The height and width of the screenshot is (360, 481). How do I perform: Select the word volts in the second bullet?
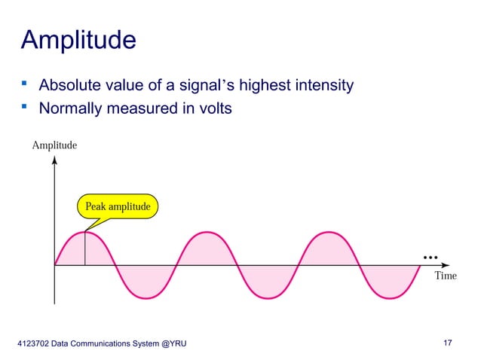213,109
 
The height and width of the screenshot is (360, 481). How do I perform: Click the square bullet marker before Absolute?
24,84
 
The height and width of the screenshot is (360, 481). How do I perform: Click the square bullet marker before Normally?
24,108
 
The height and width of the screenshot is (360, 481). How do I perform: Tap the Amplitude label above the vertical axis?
54,145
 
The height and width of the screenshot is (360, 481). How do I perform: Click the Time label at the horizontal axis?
446,276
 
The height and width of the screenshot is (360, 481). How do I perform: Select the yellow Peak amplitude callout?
117,206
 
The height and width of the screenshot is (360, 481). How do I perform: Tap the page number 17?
448,344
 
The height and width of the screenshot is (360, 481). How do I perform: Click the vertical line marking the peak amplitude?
85,249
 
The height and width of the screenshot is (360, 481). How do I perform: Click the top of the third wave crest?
328,232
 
